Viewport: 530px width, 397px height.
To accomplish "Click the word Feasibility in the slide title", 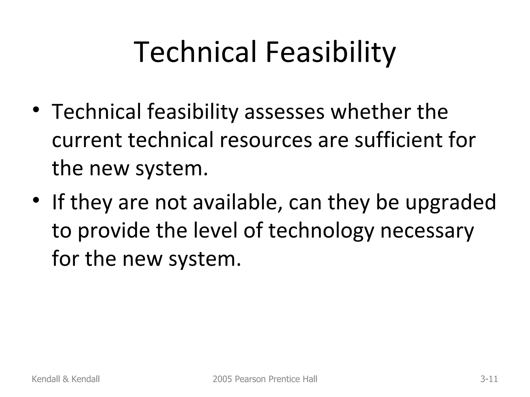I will [330, 53].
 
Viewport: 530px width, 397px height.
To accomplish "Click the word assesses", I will [284, 112].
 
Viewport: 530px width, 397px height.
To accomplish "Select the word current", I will [87, 140].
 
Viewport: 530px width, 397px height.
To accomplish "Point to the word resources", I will [266, 140].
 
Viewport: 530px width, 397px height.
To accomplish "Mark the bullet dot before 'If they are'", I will [36, 200].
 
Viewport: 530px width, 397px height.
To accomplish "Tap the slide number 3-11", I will [489, 379].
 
